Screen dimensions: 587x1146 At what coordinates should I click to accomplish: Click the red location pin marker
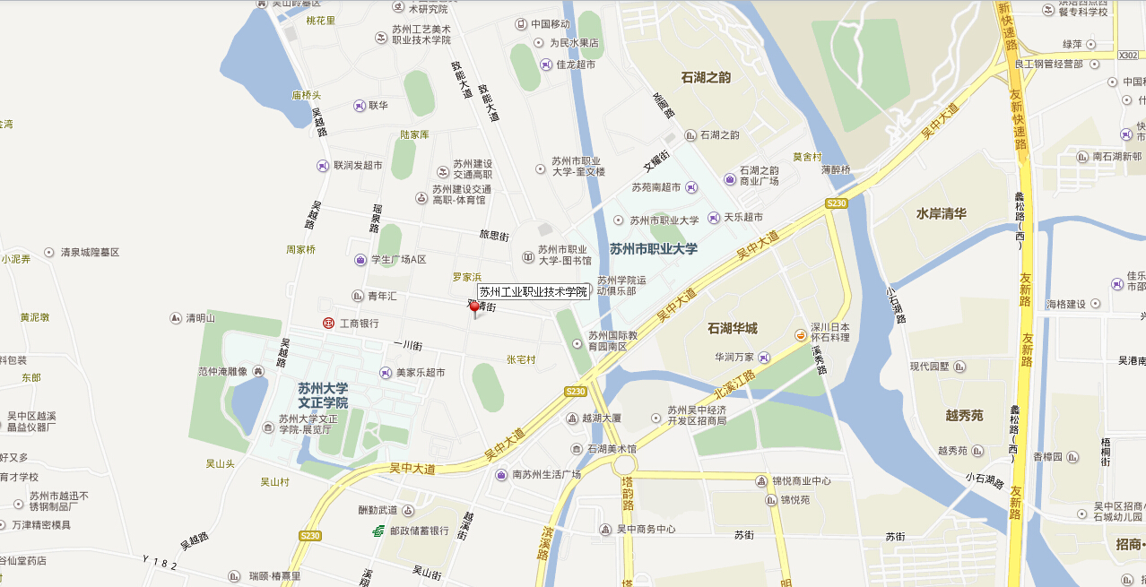(475, 307)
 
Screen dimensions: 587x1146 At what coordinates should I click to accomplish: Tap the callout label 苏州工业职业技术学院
(533, 291)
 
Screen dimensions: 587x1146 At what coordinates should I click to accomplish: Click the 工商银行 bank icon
(329, 323)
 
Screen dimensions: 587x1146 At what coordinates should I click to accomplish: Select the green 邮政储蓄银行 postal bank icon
(379, 531)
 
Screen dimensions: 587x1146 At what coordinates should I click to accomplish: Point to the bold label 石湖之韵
(706, 77)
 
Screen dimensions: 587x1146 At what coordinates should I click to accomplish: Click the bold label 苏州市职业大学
(653, 248)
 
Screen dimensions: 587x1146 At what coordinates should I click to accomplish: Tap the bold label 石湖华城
(732, 328)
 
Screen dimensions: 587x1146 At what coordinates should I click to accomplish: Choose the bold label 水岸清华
(941, 213)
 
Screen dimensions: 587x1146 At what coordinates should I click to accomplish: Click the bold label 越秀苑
(964, 415)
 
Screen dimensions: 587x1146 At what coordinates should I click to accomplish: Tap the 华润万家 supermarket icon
(764, 357)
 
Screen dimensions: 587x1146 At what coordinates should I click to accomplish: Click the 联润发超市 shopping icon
(323, 166)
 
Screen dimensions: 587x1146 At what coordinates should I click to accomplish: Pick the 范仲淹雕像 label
(222, 370)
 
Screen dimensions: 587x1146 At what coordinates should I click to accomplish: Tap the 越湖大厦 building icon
(572, 418)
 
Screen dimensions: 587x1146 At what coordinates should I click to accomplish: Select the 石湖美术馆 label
(612, 448)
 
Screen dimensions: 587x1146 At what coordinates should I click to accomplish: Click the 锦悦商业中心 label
(805, 480)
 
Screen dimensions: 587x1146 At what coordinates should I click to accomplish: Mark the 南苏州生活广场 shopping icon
(501, 474)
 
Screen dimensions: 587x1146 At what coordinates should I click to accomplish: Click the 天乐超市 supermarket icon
(714, 218)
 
